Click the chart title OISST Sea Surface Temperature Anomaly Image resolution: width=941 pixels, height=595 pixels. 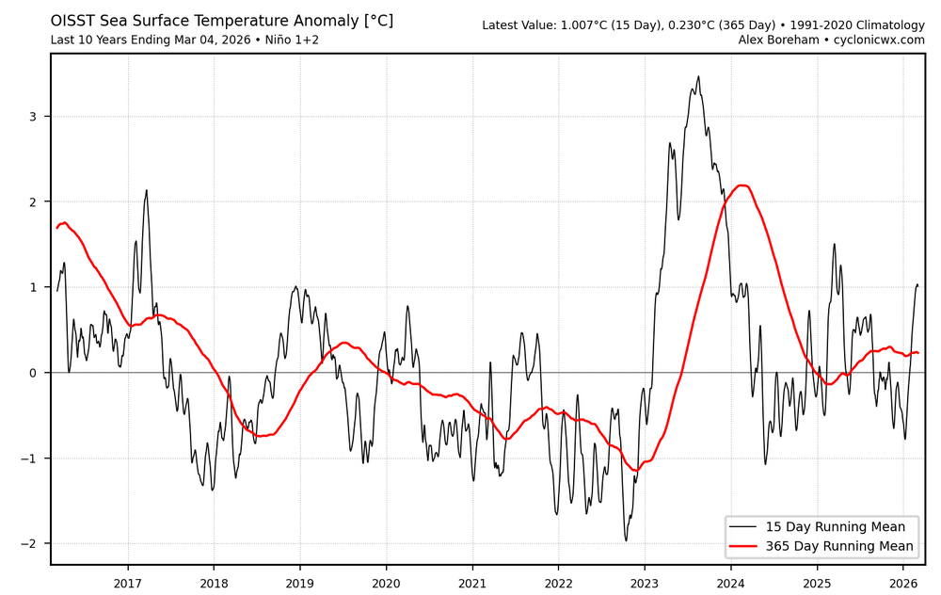pos(221,21)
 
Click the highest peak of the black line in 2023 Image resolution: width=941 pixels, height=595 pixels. pos(698,77)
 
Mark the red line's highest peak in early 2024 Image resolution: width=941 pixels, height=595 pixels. pos(742,185)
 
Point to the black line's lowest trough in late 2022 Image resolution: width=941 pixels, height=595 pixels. pos(626,539)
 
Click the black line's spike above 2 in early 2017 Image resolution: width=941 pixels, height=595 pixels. pos(147,190)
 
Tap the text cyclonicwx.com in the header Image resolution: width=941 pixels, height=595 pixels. pos(874,40)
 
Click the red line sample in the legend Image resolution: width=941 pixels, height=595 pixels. pos(746,546)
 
